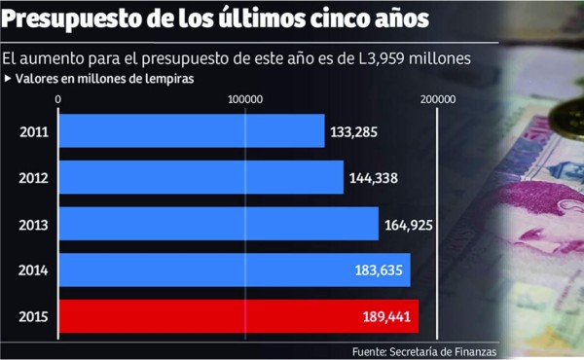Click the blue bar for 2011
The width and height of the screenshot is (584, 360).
192,131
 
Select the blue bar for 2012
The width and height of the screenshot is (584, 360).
201,177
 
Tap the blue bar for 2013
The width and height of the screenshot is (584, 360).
219,224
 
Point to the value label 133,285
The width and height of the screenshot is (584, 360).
354,131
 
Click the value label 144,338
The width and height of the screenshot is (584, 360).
374,177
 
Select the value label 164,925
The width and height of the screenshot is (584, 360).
409,224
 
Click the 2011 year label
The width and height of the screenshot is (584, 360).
33,131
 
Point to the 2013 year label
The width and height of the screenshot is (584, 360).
33,224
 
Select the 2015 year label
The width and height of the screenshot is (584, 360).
33,317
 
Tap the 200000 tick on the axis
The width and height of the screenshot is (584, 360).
438,99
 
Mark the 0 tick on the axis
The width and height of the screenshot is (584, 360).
59,99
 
